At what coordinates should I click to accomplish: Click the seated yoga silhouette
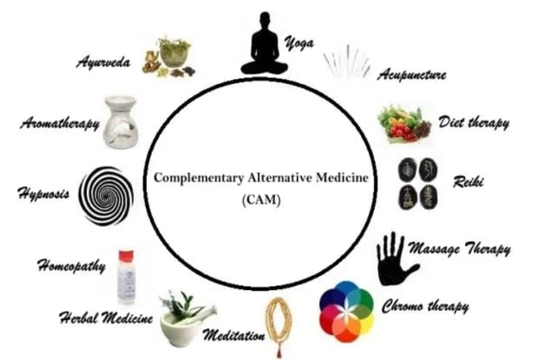point(264,45)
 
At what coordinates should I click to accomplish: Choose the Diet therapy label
point(473,122)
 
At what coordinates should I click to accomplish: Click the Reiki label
point(466,182)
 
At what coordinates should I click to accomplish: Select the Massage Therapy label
point(469,250)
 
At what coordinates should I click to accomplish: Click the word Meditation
point(234,335)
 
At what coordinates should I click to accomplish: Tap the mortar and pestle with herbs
point(184,317)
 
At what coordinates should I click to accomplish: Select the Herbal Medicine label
point(106,318)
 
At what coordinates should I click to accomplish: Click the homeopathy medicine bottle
point(126,278)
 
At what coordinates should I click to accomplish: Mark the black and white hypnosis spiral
point(107,195)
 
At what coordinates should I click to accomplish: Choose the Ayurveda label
point(107,62)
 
